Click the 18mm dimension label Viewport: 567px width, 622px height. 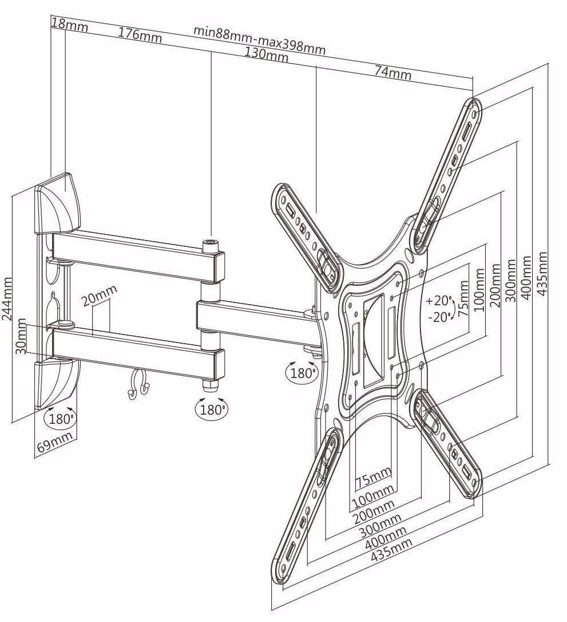[65, 23]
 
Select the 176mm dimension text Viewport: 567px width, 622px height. [140, 35]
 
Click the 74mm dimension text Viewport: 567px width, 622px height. [392, 72]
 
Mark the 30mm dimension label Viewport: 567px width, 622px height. [21, 338]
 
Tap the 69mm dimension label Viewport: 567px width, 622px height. [55, 443]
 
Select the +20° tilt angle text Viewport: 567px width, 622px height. [439, 300]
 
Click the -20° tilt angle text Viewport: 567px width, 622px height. [439, 318]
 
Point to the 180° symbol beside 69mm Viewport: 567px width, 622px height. [60, 418]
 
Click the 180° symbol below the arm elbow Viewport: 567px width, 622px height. [211, 409]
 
